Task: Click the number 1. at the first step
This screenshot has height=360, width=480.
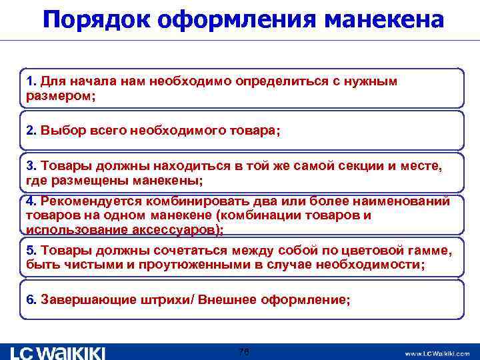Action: point(31,81)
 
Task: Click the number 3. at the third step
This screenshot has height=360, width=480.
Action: point(31,165)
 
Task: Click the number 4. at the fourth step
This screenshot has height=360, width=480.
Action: point(31,201)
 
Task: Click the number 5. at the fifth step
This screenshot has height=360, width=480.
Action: point(31,250)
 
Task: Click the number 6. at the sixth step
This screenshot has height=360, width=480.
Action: point(31,299)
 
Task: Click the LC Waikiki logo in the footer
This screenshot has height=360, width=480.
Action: point(58,352)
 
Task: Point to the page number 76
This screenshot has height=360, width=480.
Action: point(243,351)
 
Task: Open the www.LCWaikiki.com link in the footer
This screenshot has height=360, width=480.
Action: point(437,353)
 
